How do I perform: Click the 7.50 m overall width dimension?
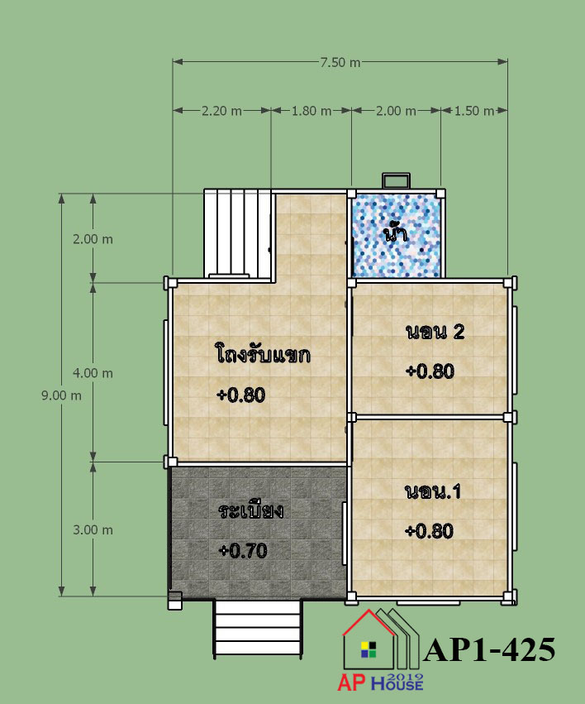[x=340, y=62]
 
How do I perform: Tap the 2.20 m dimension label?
[x=221, y=111]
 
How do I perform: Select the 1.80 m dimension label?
[x=312, y=111]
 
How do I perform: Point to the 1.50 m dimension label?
[x=474, y=111]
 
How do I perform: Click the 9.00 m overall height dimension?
[x=61, y=395]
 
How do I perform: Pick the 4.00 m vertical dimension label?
[x=93, y=373]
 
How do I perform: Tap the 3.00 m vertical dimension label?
[x=93, y=529]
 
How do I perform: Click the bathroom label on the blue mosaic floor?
[x=395, y=233]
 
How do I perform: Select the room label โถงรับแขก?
[x=263, y=353]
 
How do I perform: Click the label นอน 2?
[x=435, y=332]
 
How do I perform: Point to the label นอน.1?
[x=433, y=491]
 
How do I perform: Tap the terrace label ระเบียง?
[x=251, y=510]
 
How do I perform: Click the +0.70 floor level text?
[x=243, y=551]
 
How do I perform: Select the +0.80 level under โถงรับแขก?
[x=241, y=395]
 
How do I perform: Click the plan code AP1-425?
[x=489, y=649]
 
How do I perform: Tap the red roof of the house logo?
[x=369, y=622]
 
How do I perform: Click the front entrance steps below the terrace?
[x=258, y=628]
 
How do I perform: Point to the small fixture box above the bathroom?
[x=396, y=181]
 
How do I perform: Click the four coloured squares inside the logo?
[x=369, y=649]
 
